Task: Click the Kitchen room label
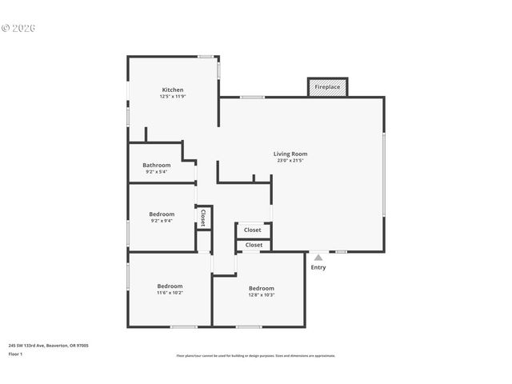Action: pos(173,90)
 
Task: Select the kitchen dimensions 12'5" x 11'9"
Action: pos(173,97)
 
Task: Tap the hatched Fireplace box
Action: pos(327,86)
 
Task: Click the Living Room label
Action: pos(290,154)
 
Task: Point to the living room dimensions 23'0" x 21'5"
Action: pos(290,161)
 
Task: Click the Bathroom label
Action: pos(157,165)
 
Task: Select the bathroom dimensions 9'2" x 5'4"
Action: pos(157,171)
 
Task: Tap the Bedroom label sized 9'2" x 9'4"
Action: pos(162,214)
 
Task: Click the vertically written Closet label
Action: pos(203,218)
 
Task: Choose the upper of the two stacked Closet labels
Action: pos(253,230)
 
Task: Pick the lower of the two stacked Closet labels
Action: pos(253,245)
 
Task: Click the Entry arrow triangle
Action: pos(318,258)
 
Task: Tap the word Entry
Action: pos(318,267)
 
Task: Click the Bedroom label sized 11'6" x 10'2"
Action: pos(170,286)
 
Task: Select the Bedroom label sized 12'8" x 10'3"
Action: pos(261,288)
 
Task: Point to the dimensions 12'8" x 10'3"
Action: pos(261,295)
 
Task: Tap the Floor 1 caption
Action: pos(15,354)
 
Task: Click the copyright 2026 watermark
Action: pos(19,28)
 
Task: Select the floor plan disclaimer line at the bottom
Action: pos(256,356)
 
